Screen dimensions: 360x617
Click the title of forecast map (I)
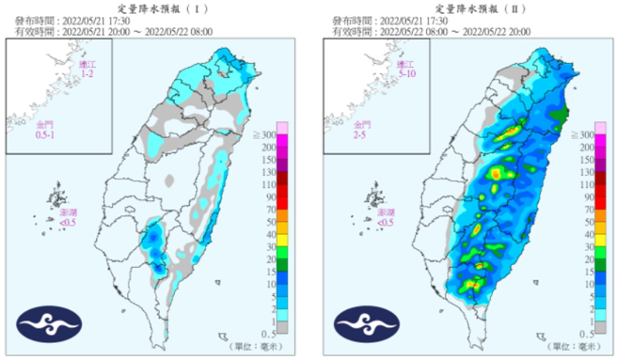(153, 7)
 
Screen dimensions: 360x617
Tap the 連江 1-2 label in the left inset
(87, 69)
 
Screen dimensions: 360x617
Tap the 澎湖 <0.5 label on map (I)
(69, 218)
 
